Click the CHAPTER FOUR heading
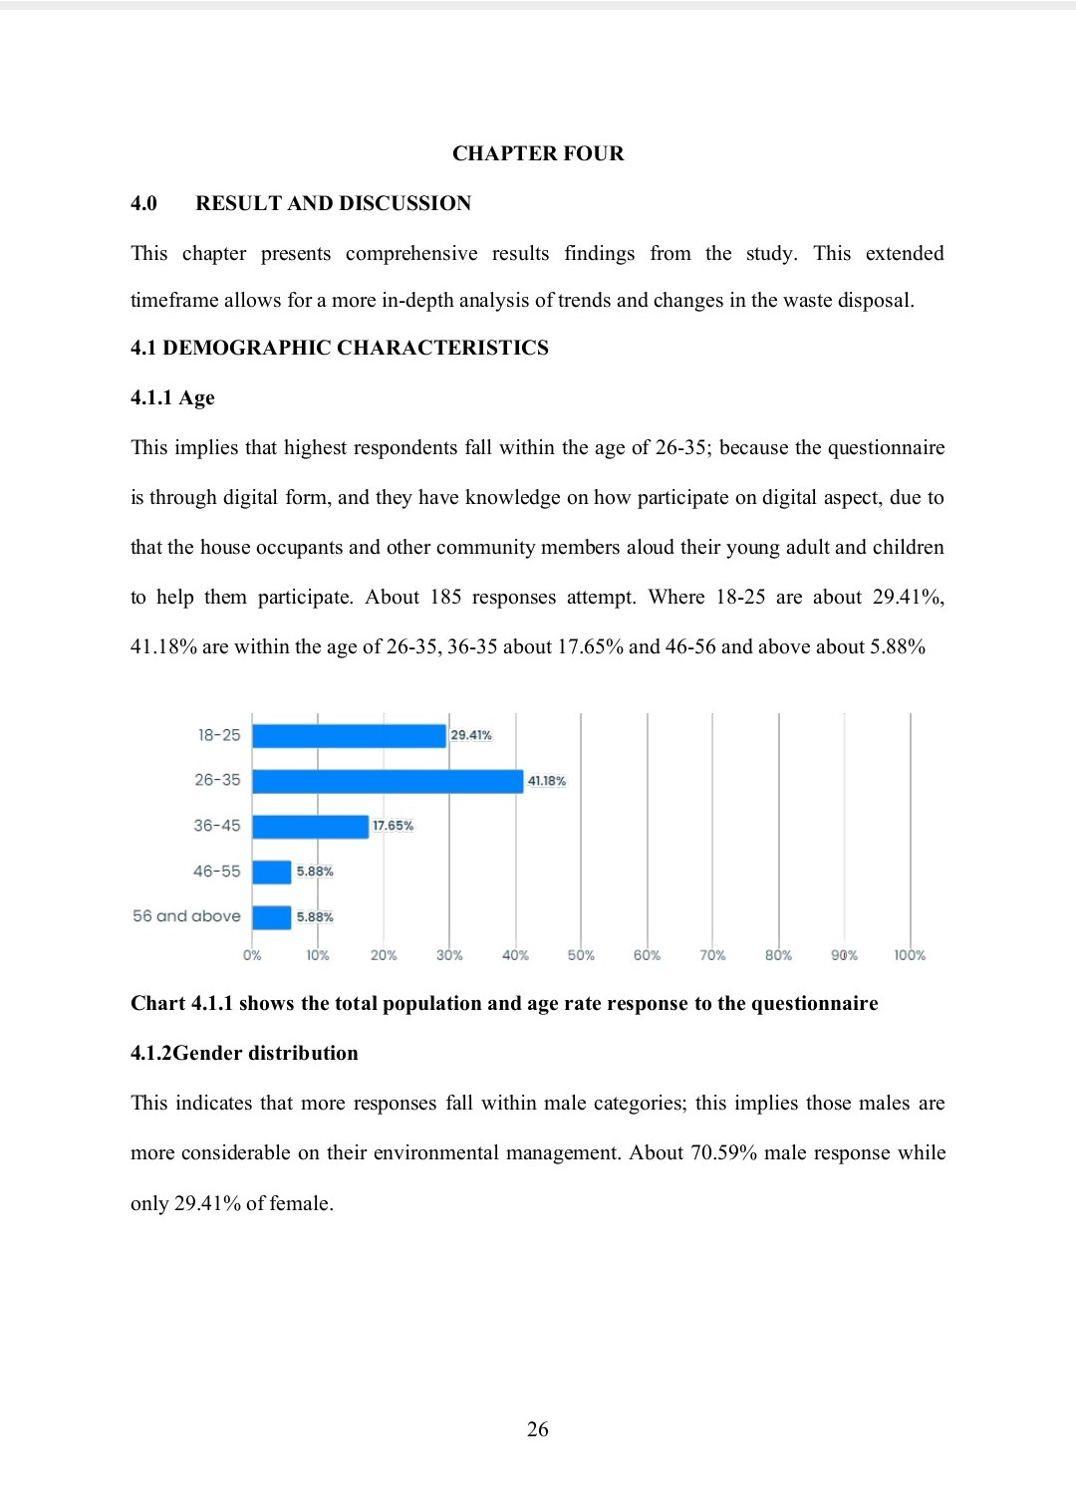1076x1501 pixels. [538, 153]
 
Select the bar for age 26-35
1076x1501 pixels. [388, 781]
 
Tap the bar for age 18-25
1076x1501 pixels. [349, 736]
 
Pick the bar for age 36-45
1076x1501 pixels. [310, 827]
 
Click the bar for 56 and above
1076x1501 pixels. [271, 917]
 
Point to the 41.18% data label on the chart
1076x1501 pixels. [547, 781]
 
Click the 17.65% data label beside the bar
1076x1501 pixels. [393, 826]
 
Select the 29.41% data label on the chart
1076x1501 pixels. [471, 735]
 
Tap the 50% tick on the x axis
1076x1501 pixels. [581, 955]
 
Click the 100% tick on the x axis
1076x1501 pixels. [910, 955]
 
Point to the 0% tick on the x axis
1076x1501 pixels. [252, 955]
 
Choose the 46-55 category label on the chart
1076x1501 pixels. [217, 872]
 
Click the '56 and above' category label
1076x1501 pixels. [186, 916]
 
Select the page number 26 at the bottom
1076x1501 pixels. [538, 1429]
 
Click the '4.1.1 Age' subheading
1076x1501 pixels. [172, 397]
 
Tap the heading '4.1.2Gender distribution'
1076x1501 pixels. [244, 1053]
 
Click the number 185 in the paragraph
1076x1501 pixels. [445, 597]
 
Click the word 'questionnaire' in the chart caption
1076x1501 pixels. [814, 1003]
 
